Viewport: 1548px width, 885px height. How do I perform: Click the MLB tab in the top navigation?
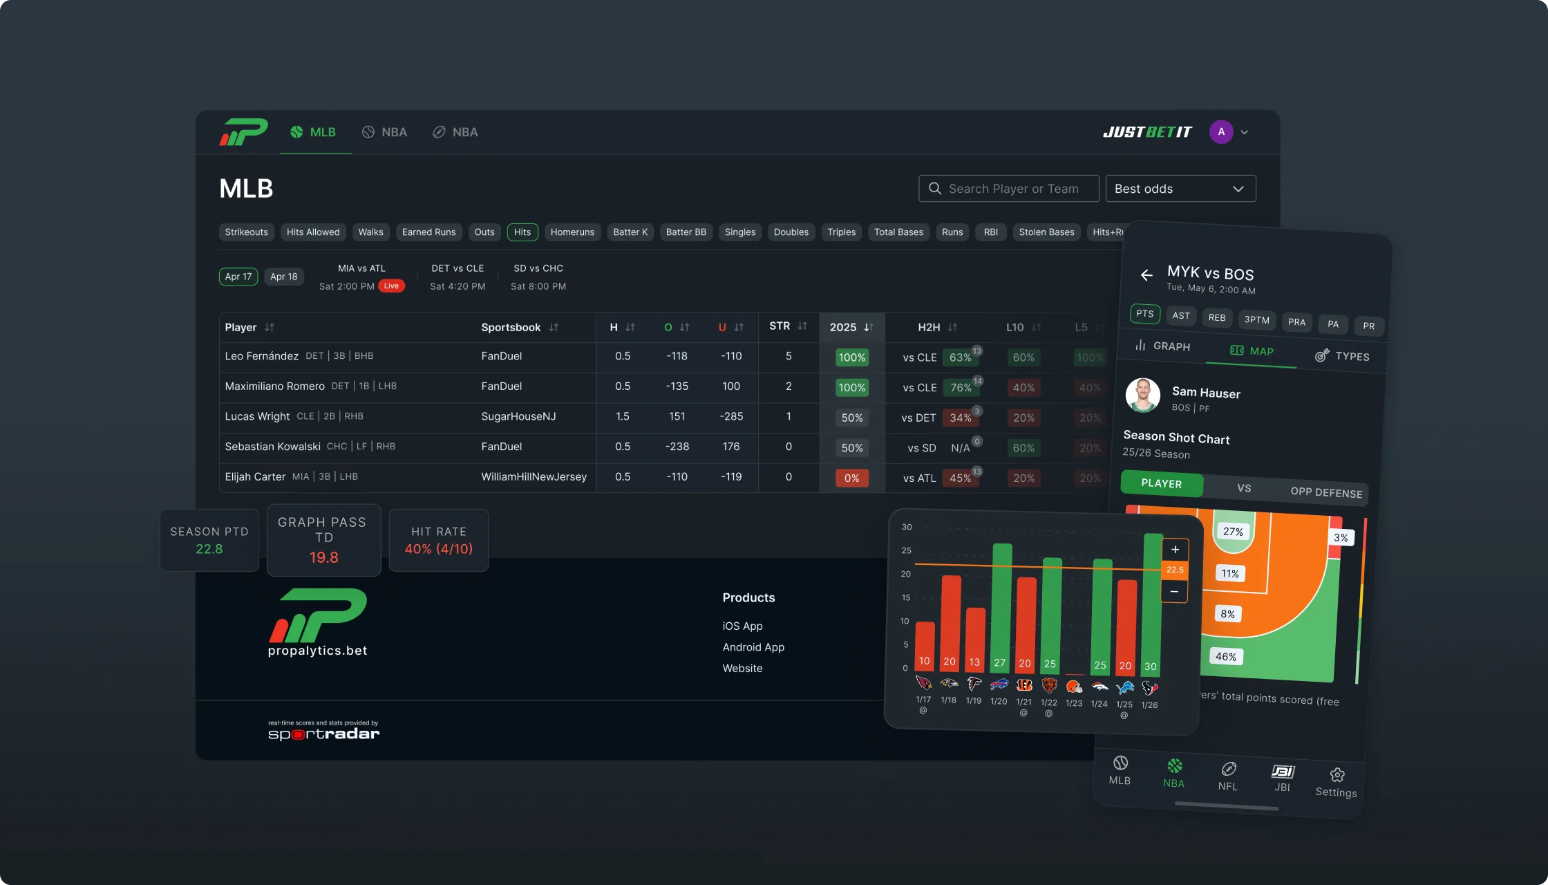tap(314, 132)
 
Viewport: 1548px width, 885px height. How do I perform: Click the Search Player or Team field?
tap(1009, 189)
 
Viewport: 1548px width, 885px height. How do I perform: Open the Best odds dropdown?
tap(1180, 189)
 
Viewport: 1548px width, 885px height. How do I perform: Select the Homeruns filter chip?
tap(572, 232)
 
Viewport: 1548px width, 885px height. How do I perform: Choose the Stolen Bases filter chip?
tap(1046, 232)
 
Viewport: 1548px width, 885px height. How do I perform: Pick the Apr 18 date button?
tap(283, 277)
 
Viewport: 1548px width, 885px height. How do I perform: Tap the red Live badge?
tap(391, 286)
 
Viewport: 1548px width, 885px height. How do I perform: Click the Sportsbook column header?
tap(511, 327)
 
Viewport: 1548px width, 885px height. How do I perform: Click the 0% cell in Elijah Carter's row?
tap(851, 478)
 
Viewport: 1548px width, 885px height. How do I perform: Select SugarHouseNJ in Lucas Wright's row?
tap(518, 416)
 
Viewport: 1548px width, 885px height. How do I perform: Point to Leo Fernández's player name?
tap(261, 356)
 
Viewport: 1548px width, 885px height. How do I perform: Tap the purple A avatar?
tap(1221, 132)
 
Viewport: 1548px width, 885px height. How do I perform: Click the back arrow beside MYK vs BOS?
tap(1146, 275)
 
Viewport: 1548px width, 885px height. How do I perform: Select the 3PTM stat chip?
tap(1256, 319)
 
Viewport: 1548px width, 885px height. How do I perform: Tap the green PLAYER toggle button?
tap(1161, 483)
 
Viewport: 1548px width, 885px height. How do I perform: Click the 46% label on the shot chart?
tap(1225, 657)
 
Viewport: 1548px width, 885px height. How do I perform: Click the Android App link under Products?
tap(753, 647)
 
